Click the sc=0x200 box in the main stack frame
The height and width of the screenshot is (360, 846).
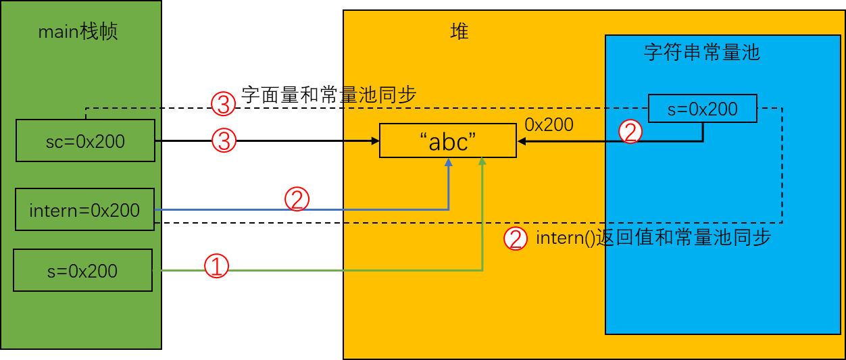pyautogui.click(x=85, y=140)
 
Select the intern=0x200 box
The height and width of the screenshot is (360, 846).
pyautogui.click(x=84, y=209)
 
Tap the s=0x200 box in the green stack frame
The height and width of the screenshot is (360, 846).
pyautogui.click(x=82, y=271)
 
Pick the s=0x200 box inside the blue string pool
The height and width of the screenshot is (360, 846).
pyautogui.click(x=702, y=109)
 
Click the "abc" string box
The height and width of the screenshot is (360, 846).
pyautogui.click(x=448, y=141)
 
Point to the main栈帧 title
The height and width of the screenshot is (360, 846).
pyautogui.click(x=78, y=32)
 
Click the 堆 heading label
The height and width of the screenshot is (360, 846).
pyautogui.click(x=459, y=31)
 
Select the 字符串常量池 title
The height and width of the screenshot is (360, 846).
pyautogui.click(x=702, y=53)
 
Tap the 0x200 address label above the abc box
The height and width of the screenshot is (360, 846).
pyautogui.click(x=549, y=124)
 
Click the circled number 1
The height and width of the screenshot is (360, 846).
pyautogui.click(x=216, y=266)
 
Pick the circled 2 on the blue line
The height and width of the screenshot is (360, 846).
pyautogui.click(x=297, y=199)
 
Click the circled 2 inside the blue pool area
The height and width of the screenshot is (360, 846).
pyautogui.click(x=630, y=132)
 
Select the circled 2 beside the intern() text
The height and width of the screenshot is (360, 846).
pyautogui.click(x=516, y=238)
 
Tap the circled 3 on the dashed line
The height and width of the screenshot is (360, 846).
pyautogui.click(x=223, y=104)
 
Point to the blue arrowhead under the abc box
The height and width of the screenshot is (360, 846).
pyautogui.click(x=448, y=162)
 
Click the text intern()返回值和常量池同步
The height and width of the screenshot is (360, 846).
pyautogui.click(x=653, y=238)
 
